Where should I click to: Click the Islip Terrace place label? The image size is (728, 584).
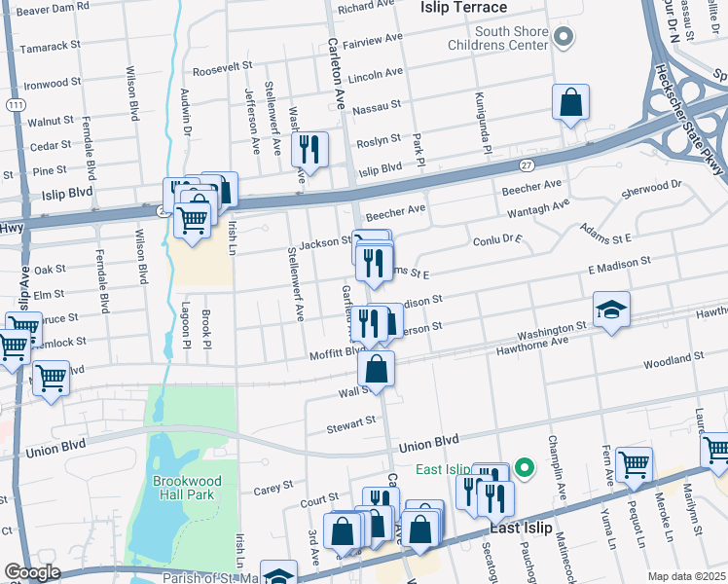pyautogui.click(x=463, y=8)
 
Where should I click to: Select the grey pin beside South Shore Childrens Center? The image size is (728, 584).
pyautogui.click(x=565, y=36)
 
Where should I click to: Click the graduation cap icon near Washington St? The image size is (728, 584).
pyautogui.click(x=610, y=310)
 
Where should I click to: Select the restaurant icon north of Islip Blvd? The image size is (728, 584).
pyautogui.click(x=309, y=149)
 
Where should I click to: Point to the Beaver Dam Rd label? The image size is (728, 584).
pyautogui.click(x=55, y=6)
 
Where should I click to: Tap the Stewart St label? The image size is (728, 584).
pyautogui.click(x=351, y=422)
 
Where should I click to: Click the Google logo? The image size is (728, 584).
pyautogui.click(x=31, y=572)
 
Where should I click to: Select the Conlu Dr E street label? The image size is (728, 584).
pyautogui.click(x=498, y=239)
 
